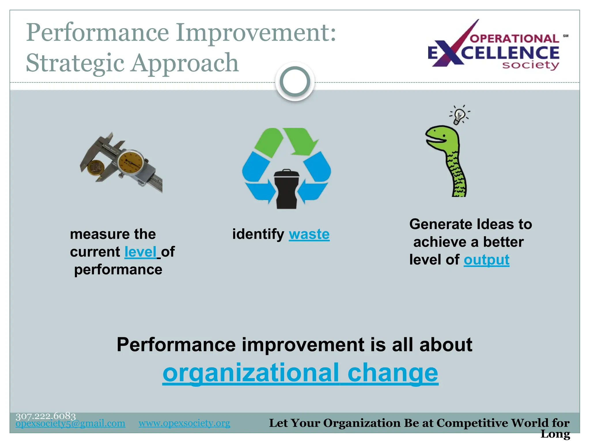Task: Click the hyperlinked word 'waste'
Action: (x=309, y=234)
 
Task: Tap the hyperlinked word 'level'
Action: (x=140, y=252)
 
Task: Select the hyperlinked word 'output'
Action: (x=486, y=260)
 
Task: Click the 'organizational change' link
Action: (x=300, y=373)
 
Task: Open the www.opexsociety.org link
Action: (x=184, y=423)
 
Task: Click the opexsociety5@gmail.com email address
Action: (x=70, y=423)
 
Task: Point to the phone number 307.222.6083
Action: (x=46, y=416)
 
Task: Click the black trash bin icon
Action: (x=286, y=189)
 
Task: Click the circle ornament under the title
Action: (x=295, y=82)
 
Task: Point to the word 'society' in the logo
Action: (x=530, y=65)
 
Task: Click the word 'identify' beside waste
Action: (x=258, y=234)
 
